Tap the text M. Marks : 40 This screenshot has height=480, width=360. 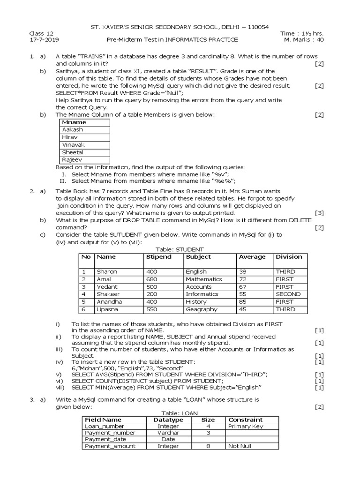(x=304, y=40)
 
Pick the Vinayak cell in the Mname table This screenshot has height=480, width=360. (x=73, y=145)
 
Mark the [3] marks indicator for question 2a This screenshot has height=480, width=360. (x=319, y=213)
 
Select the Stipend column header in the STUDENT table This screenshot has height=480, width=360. (x=158, y=257)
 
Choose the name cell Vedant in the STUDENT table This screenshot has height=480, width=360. (x=107, y=287)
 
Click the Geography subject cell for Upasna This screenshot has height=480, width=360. (x=201, y=309)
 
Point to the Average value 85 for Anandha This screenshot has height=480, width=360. (x=243, y=302)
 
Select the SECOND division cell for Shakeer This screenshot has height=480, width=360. (x=288, y=294)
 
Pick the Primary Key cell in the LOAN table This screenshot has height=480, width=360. (x=245, y=427)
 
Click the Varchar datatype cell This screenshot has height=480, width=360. (x=168, y=433)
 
